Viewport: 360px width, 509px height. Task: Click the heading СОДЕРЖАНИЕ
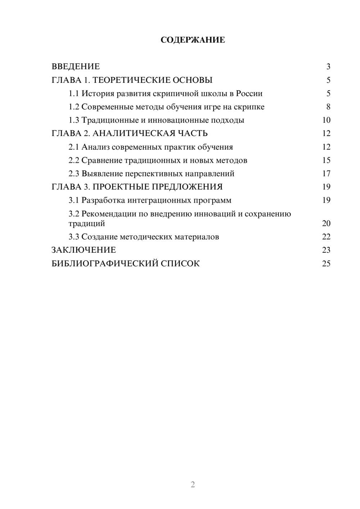coord(193,40)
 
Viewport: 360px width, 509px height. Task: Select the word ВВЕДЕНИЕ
coord(76,67)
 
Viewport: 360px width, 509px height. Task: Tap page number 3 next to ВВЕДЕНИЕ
coord(328,67)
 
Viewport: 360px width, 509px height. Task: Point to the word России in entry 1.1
coord(249,94)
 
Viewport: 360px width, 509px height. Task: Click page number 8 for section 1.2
coord(328,107)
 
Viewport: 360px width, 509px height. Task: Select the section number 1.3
coord(74,120)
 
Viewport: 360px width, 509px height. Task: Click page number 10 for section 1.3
coord(326,120)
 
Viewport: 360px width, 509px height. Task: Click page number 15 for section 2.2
coord(326,161)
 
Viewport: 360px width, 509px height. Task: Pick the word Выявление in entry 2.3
coord(102,174)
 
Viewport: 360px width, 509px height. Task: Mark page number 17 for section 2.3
coord(326,174)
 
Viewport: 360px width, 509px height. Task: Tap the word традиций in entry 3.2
coord(87,224)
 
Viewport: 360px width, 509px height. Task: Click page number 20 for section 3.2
coord(326,224)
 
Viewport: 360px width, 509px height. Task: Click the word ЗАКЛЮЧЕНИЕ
coord(84,250)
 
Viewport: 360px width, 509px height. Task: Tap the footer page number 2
coord(193,485)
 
